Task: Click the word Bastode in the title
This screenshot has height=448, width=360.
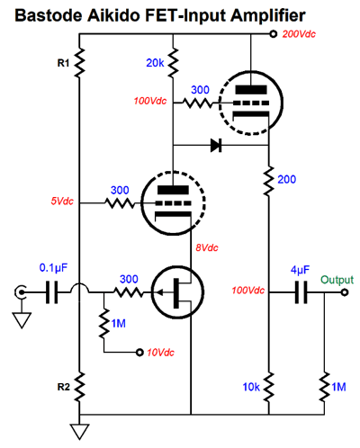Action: pyautogui.click(x=48, y=15)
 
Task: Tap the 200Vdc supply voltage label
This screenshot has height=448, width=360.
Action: pyautogui.click(x=299, y=34)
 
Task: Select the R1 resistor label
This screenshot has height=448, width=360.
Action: pyautogui.click(x=63, y=63)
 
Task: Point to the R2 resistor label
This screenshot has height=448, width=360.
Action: pyautogui.click(x=64, y=387)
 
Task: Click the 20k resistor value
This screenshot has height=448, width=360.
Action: pyautogui.click(x=155, y=63)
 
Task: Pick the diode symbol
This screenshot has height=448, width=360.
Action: pyautogui.click(x=216, y=145)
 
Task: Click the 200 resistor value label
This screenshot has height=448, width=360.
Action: pyautogui.click(x=287, y=179)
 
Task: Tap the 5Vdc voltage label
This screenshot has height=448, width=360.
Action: pyautogui.click(x=62, y=201)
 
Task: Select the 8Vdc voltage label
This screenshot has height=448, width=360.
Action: pyautogui.click(x=207, y=247)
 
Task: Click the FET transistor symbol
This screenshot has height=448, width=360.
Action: pyautogui.click(x=178, y=291)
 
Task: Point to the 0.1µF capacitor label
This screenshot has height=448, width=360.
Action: pyautogui.click(x=53, y=268)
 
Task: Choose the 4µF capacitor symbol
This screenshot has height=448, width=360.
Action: pyautogui.click(x=301, y=292)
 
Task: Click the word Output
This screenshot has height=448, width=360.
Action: pyautogui.click(x=337, y=280)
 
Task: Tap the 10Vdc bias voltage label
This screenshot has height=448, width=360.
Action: pyautogui.click(x=160, y=353)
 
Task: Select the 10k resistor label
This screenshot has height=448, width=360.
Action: pyautogui.click(x=251, y=387)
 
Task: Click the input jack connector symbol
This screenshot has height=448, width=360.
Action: pyautogui.click(x=21, y=291)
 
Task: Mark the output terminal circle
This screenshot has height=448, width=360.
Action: pyautogui.click(x=345, y=292)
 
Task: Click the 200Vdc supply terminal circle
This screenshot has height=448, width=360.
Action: pyautogui.click(x=273, y=34)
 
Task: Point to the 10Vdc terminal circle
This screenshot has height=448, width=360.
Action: pyautogui.click(x=139, y=353)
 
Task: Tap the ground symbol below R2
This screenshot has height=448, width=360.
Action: pyautogui.click(x=79, y=431)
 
